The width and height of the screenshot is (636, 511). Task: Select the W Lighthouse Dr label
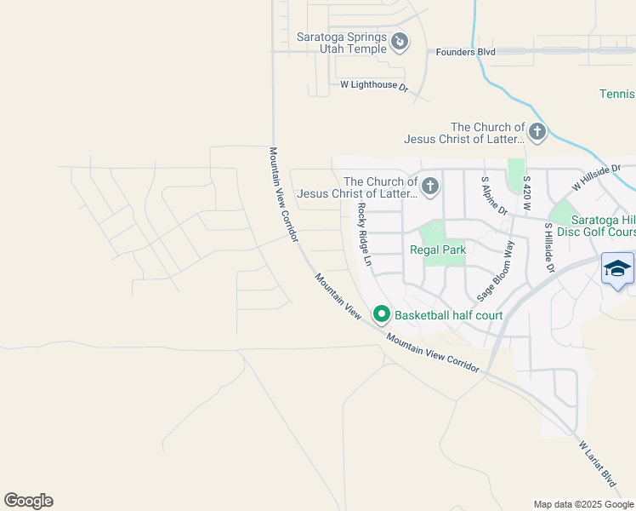pos(374,85)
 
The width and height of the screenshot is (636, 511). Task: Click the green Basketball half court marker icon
pos(382,315)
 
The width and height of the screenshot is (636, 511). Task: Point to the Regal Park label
pos(438,250)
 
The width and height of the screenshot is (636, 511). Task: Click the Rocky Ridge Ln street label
pos(365,234)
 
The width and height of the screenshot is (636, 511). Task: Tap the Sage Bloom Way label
pos(497,271)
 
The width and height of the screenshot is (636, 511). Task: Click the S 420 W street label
pos(527,195)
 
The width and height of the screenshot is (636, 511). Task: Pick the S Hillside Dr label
pos(549,248)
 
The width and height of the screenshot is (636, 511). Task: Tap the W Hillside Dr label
pos(597,177)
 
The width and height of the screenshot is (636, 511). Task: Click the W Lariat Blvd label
pos(597,463)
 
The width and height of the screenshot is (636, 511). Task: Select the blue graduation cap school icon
pos(618,269)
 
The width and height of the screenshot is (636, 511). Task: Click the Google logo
pos(28,501)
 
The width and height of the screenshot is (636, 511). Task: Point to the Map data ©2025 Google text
pos(582,504)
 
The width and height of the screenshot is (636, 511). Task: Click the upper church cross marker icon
pos(537,132)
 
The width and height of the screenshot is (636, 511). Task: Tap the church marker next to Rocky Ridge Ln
pos(430,186)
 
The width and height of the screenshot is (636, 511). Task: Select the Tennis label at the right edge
pos(616,94)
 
